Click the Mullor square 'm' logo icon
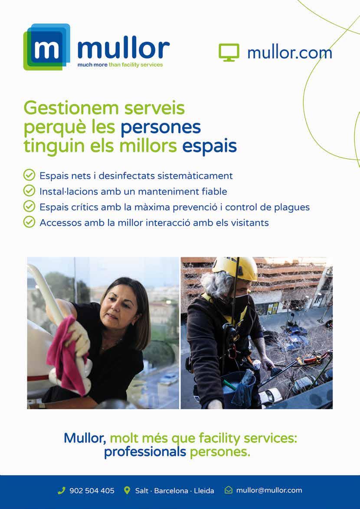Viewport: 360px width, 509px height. pyautogui.click(x=46, y=47)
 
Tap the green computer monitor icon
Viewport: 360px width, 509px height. pyautogui.click(x=229, y=53)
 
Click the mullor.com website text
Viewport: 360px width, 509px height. pyautogui.click(x=289, y=53)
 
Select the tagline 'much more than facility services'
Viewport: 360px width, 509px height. pyautogui.click(x=120, y=65)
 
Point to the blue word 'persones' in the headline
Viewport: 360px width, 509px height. pyautogui.click(x=160, y=127)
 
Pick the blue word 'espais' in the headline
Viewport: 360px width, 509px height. pyautogui.click(x=209, y=146)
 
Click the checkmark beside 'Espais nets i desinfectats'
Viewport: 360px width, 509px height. pyautogui.click(x=29, y=175)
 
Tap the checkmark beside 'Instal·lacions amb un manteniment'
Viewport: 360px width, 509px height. pyautogui.click(x=29, y=191)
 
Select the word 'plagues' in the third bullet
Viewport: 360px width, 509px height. pyautogui.click(x=292, y=207)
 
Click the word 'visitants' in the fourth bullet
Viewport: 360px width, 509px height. pyautogui.click(x=249, y=223)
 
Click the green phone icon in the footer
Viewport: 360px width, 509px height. pyautogui.click(x=61, y=490)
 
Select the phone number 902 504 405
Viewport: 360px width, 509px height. pyautogui.click(x=92, y=491)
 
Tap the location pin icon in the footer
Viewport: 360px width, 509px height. pyautogui.click(x=127, y=490)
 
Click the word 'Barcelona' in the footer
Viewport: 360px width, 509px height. pyautogui.click(x=171, y=491)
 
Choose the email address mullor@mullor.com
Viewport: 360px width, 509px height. pyautogui.click(x=269, y=490)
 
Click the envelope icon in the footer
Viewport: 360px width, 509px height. pyautogui.click(x=229, y=490)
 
